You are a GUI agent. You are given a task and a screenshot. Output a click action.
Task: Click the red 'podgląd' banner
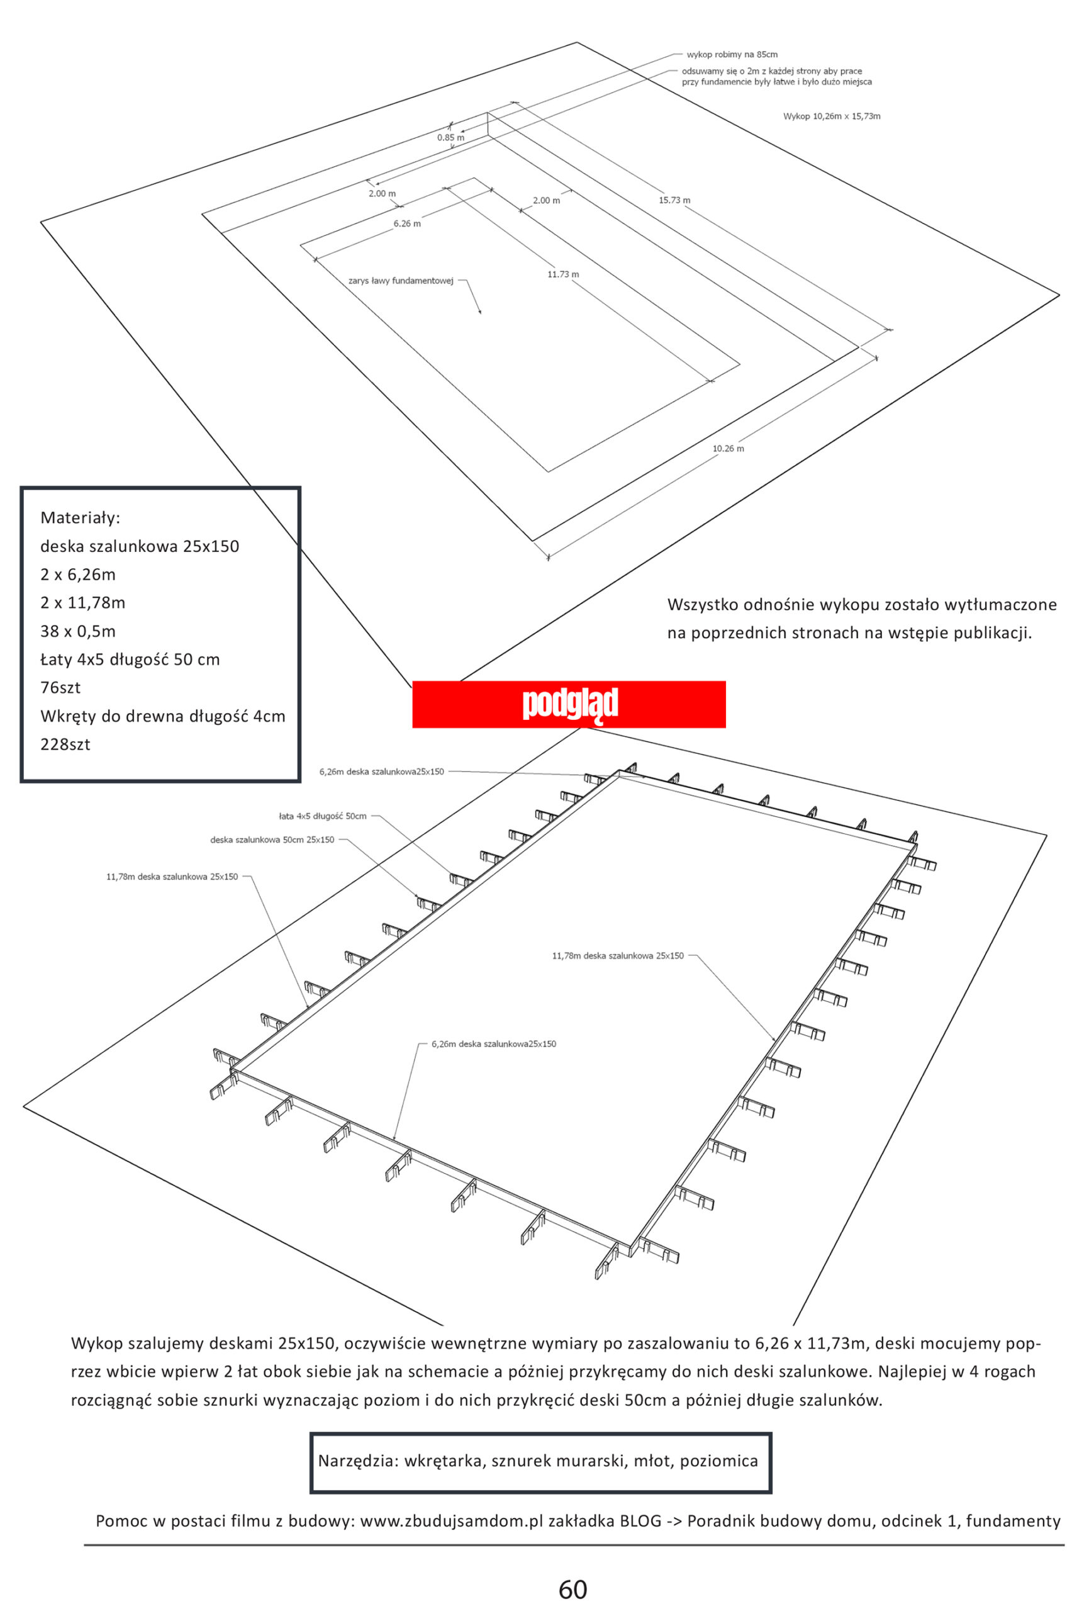569,704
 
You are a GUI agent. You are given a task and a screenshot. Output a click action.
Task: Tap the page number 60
572,1588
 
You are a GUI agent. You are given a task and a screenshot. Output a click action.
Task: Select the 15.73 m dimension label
674,200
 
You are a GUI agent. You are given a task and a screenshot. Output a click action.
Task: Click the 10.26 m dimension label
728,449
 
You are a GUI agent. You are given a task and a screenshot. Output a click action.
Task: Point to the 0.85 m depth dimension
450,137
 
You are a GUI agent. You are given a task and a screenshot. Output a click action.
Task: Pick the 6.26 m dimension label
407,224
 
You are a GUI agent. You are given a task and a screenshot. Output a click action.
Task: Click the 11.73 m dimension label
563,274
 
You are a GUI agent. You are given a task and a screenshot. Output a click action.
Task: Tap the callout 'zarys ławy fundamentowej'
401,281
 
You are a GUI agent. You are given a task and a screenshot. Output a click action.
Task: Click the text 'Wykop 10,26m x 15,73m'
831,116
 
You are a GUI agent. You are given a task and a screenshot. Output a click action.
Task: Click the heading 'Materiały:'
81,518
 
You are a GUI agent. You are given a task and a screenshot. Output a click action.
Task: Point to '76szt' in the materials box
60,688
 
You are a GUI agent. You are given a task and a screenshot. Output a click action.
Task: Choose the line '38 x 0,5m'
77,631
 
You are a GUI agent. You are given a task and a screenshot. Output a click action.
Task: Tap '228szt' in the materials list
65,744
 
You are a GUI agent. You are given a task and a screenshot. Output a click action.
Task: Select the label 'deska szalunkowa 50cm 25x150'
272,839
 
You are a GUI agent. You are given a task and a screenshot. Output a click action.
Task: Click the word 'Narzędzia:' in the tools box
358,1461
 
